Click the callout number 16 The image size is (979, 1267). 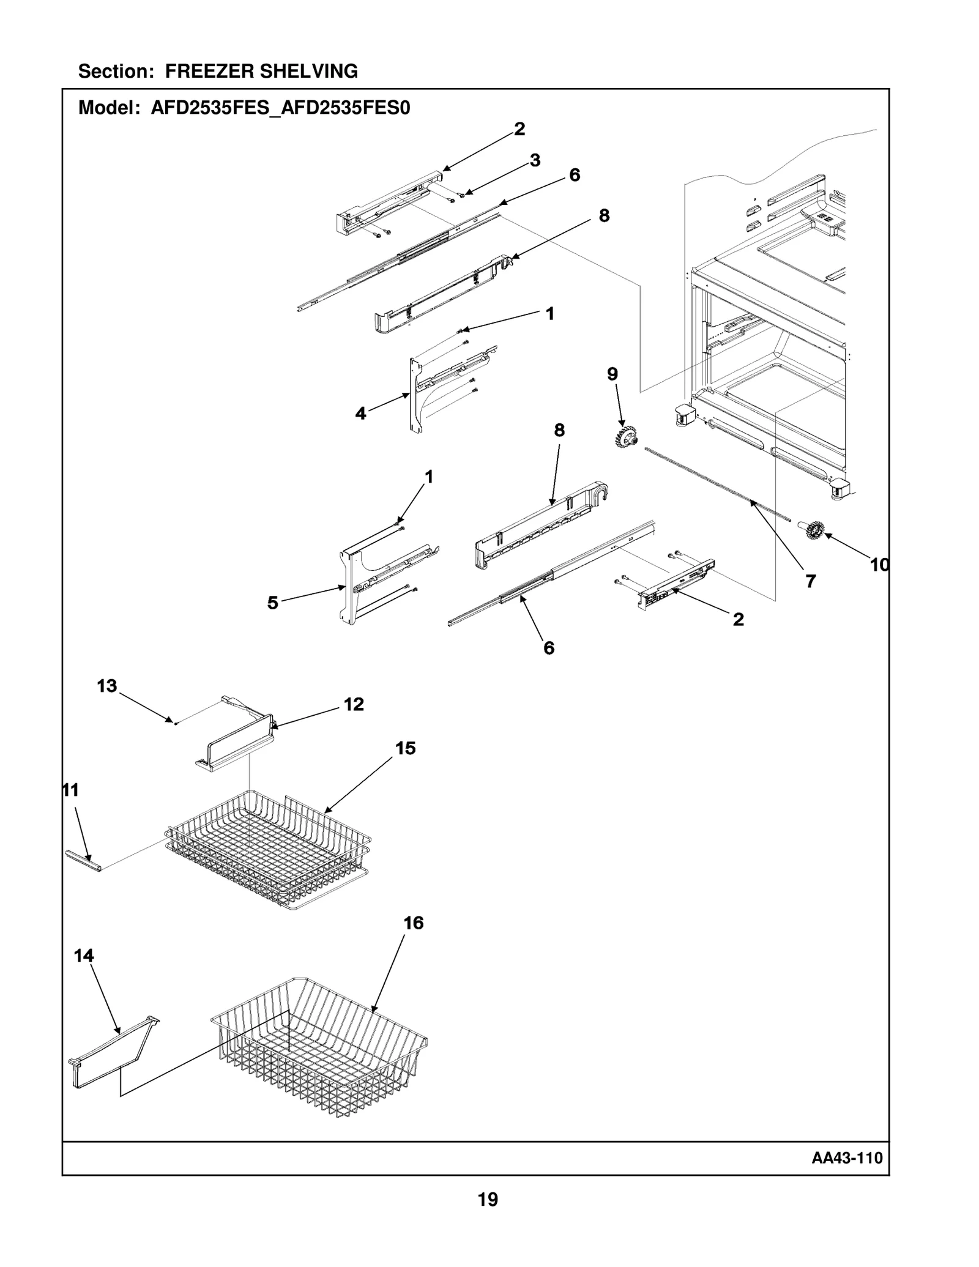414,923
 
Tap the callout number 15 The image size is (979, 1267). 405,748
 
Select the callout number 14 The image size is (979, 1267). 84,956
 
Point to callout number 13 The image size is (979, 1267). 106,686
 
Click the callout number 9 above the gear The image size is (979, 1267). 612,374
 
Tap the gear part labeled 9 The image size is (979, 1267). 626,437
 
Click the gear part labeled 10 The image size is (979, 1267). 814,530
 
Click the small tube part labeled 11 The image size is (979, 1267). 83,860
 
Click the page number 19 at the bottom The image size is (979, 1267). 488,1200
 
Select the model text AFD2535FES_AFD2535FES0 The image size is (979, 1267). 280,108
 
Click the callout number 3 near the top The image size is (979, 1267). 535,160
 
